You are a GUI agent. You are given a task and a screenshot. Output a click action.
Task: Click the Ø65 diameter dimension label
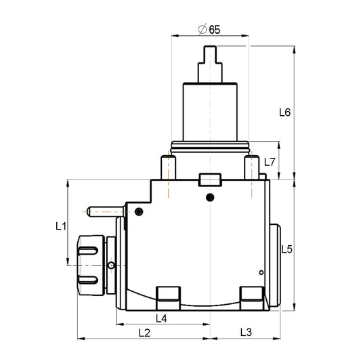point(210,29)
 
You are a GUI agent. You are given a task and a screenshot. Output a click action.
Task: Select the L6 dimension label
point(284,112)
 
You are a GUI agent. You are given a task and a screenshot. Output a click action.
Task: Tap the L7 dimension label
point(270,163)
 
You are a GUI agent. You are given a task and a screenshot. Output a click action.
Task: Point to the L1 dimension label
point(60,226)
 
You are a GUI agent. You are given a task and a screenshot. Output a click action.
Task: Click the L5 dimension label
point(286,249)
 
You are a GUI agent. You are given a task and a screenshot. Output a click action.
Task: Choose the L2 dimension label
point(144,333)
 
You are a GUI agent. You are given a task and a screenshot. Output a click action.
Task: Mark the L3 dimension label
point(246,333)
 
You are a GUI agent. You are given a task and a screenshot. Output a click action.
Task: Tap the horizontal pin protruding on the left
point(105,211)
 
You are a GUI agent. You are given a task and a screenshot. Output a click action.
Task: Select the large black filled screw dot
point(210,197)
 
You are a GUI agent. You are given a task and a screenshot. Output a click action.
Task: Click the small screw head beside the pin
point(139,212)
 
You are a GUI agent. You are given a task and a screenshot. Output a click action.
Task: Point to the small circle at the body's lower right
point(261,272)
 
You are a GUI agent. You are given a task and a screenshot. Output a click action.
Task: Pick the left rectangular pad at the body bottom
point(169,295)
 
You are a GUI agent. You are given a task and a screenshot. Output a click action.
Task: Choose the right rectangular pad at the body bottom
point(252,295)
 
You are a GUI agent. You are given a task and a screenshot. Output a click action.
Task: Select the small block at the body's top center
point(210,180)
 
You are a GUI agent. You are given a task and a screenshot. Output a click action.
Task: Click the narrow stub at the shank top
point(210,54)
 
